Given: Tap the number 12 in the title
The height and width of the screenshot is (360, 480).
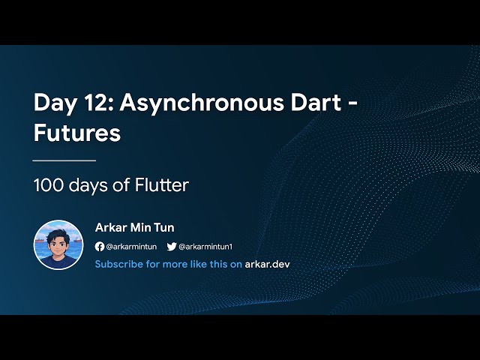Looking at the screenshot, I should [x=92, y=103].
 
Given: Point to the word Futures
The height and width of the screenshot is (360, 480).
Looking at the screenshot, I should [x=77, y=133].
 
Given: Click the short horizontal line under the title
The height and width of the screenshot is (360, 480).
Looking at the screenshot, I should [x=64, y=160].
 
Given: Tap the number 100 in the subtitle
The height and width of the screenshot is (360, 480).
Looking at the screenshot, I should [x=49, y=184].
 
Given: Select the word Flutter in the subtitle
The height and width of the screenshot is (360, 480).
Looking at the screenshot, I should [x=161, y=184].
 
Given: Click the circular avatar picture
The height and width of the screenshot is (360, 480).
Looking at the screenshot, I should [x=58, y=244].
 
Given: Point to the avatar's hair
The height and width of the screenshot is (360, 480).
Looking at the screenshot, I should [x=58, y=232].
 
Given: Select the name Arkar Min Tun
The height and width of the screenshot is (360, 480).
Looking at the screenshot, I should [x=135, y=228].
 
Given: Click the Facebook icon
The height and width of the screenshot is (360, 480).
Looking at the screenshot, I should [x=100, y=247].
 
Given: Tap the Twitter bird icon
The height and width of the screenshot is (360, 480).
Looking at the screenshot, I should [x=171, y=247].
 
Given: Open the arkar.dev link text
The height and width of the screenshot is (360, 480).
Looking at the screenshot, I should [x=267, y=264].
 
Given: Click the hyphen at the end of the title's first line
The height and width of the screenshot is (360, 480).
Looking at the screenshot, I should [x=350, y=104].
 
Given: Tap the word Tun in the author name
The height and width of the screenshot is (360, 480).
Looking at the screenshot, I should [x=163, y=228].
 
